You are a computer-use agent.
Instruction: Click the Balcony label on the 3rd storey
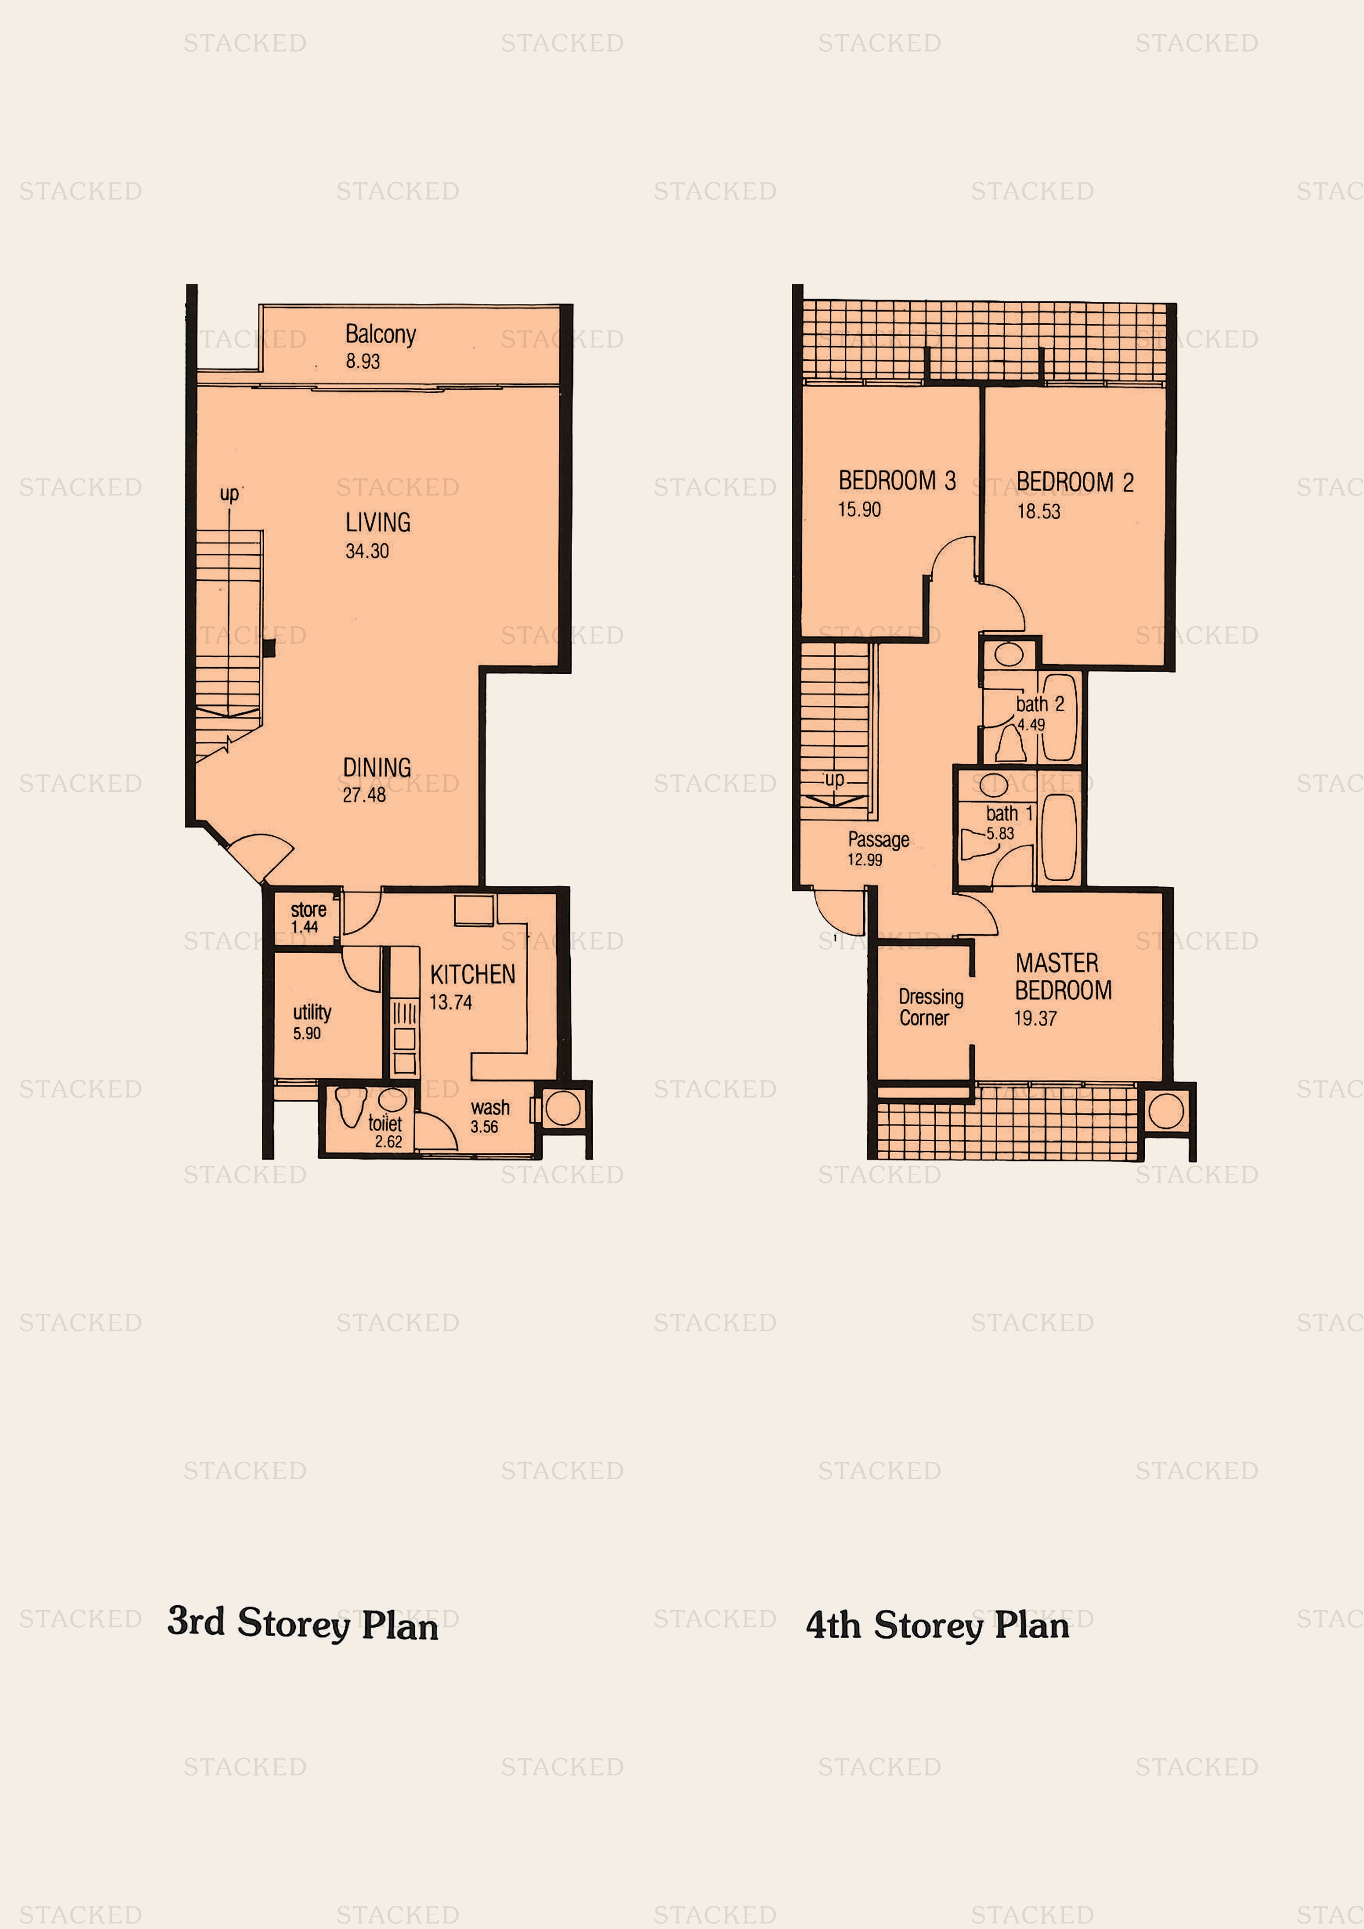380,334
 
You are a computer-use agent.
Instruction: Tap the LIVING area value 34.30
367,551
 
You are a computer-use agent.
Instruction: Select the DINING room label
377,767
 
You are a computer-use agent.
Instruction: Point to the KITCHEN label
472,974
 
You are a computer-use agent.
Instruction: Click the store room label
309,910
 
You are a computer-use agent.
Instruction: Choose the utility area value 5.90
307,1033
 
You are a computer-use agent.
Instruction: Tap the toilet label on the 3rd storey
385,1123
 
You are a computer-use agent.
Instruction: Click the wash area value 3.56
484,1127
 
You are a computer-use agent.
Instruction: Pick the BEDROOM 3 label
897,481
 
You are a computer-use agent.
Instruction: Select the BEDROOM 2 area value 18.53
1039,511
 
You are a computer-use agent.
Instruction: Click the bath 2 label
1039,704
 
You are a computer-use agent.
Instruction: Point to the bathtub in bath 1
1059,837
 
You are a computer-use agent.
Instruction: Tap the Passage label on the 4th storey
878,839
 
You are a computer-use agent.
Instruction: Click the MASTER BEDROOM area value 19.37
1036,1018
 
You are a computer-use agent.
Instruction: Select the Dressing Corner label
931,1007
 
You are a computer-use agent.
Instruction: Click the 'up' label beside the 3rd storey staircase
229,493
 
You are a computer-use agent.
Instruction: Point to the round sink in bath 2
1009,654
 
